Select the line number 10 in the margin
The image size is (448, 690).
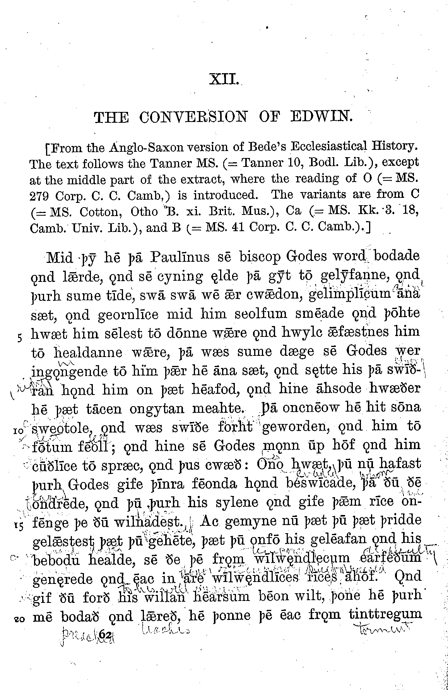point(19,431)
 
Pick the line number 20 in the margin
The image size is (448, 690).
point(19,619)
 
